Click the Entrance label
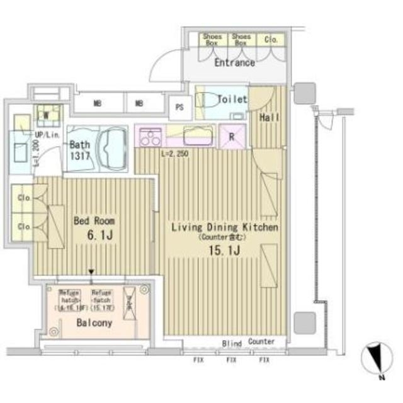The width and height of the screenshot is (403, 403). [234, 63]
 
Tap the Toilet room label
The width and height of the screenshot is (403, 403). [232, 99]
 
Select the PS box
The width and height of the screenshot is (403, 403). [179, 107]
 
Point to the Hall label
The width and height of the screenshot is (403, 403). [269, 118]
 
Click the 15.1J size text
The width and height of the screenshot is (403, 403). [224, 251]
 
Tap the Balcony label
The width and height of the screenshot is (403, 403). [94, 324]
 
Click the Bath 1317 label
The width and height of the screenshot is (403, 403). [80, 149]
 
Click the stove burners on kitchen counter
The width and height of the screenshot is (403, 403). [150, 137]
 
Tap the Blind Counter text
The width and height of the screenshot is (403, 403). [248, 343]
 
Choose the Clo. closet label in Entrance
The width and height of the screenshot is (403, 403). [271, 39]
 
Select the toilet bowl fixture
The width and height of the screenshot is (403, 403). [208, 100]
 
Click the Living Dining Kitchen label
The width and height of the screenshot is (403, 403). [225, 227]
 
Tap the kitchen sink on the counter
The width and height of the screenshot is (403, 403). [197, 135]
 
